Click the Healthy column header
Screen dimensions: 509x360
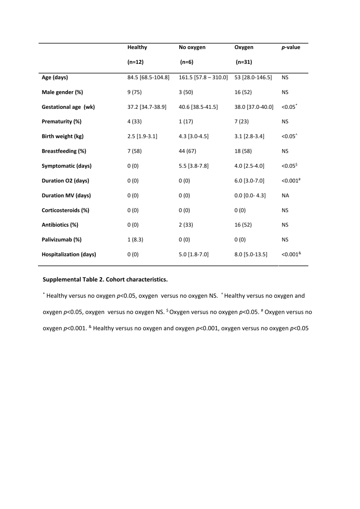pos(137,47)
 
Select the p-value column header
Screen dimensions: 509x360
pos(291,47)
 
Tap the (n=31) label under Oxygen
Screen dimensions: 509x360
pos(244,62)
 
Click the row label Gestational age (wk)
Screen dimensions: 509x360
pos(68,107)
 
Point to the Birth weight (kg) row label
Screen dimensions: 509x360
pos(62,136)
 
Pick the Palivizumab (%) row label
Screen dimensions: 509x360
pos(61,239)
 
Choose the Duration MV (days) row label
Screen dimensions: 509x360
pos(66,195)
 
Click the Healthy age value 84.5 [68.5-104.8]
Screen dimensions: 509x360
pos(148,77)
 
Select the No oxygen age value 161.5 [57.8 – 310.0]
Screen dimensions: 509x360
pos(203,77)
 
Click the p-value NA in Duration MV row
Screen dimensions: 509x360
pos(285,196)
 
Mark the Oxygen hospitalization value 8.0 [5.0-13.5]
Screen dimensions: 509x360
pos(251,254)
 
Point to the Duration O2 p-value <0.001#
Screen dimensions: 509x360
pos(291,181)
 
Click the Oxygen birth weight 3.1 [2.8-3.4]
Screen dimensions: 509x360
pos(249,136)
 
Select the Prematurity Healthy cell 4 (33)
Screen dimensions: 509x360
pos(134,122)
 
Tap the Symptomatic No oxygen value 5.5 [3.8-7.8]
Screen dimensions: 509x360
pos(193,166)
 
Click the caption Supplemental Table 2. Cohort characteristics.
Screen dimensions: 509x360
pos(105,279)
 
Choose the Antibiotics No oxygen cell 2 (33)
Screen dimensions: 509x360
pos(186,225)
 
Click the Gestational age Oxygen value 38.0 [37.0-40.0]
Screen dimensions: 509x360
pos(254,107)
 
